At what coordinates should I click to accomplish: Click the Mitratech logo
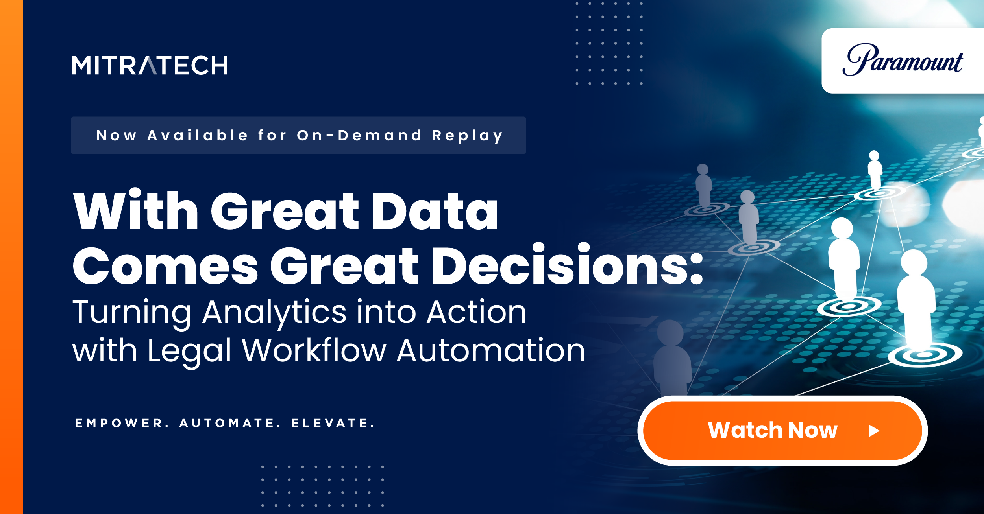click(x=150, y=65)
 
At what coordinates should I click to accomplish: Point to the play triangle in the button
click(x=874, y=431)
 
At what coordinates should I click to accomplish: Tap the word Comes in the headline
click(x=165, y=266)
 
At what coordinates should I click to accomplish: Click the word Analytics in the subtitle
click(x=274, y=313)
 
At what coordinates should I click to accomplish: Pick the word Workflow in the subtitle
click(x=314, y=350)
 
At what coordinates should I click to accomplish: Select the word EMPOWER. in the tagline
click(x=122, y=423)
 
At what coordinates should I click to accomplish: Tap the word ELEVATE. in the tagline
click(x=333, y=423)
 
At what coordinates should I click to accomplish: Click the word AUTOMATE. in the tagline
click(x=230, y=423)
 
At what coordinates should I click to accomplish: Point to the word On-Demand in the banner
click(x=359, y=135)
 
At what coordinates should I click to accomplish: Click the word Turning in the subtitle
click(x=132, y=313)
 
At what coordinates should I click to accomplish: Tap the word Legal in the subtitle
click(x=189, y=351)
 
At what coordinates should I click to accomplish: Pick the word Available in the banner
click(x=198, y=135)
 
